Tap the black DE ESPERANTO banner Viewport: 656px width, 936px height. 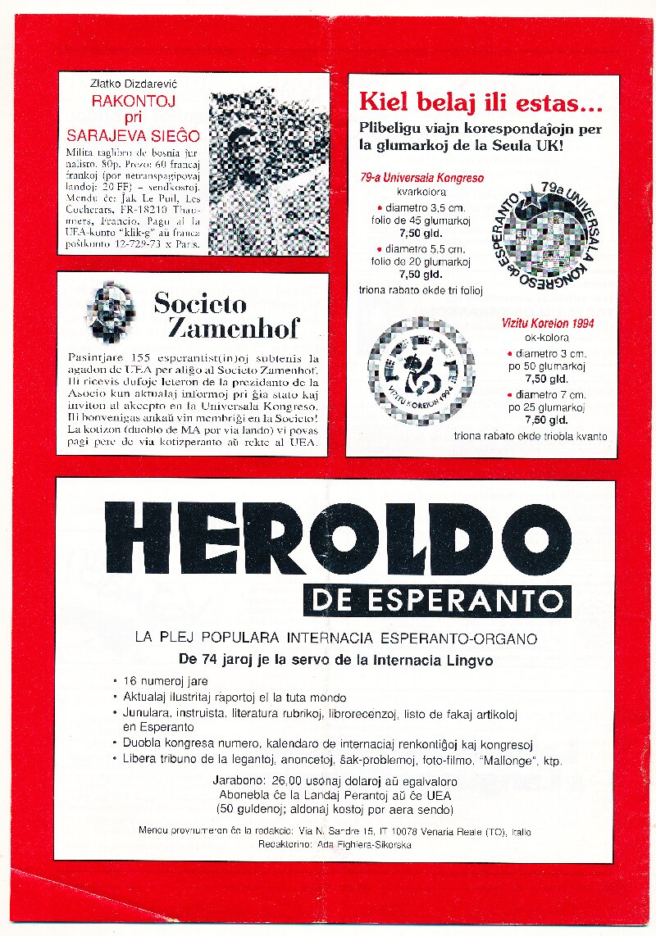pyautogui.click(x=436, y=600)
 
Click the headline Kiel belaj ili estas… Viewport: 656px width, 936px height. pyautogui.click(x=481, y=104)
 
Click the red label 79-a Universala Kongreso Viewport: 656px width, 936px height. pyautogui.click(x=421, y=177)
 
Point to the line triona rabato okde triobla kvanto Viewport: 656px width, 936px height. pyautogui.click(x=530, y=436)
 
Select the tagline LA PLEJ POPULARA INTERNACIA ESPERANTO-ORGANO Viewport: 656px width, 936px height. pyautogui.click(x=336, y=638)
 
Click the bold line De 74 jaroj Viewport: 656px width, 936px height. pyautogui.click(x=336, y=659)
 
